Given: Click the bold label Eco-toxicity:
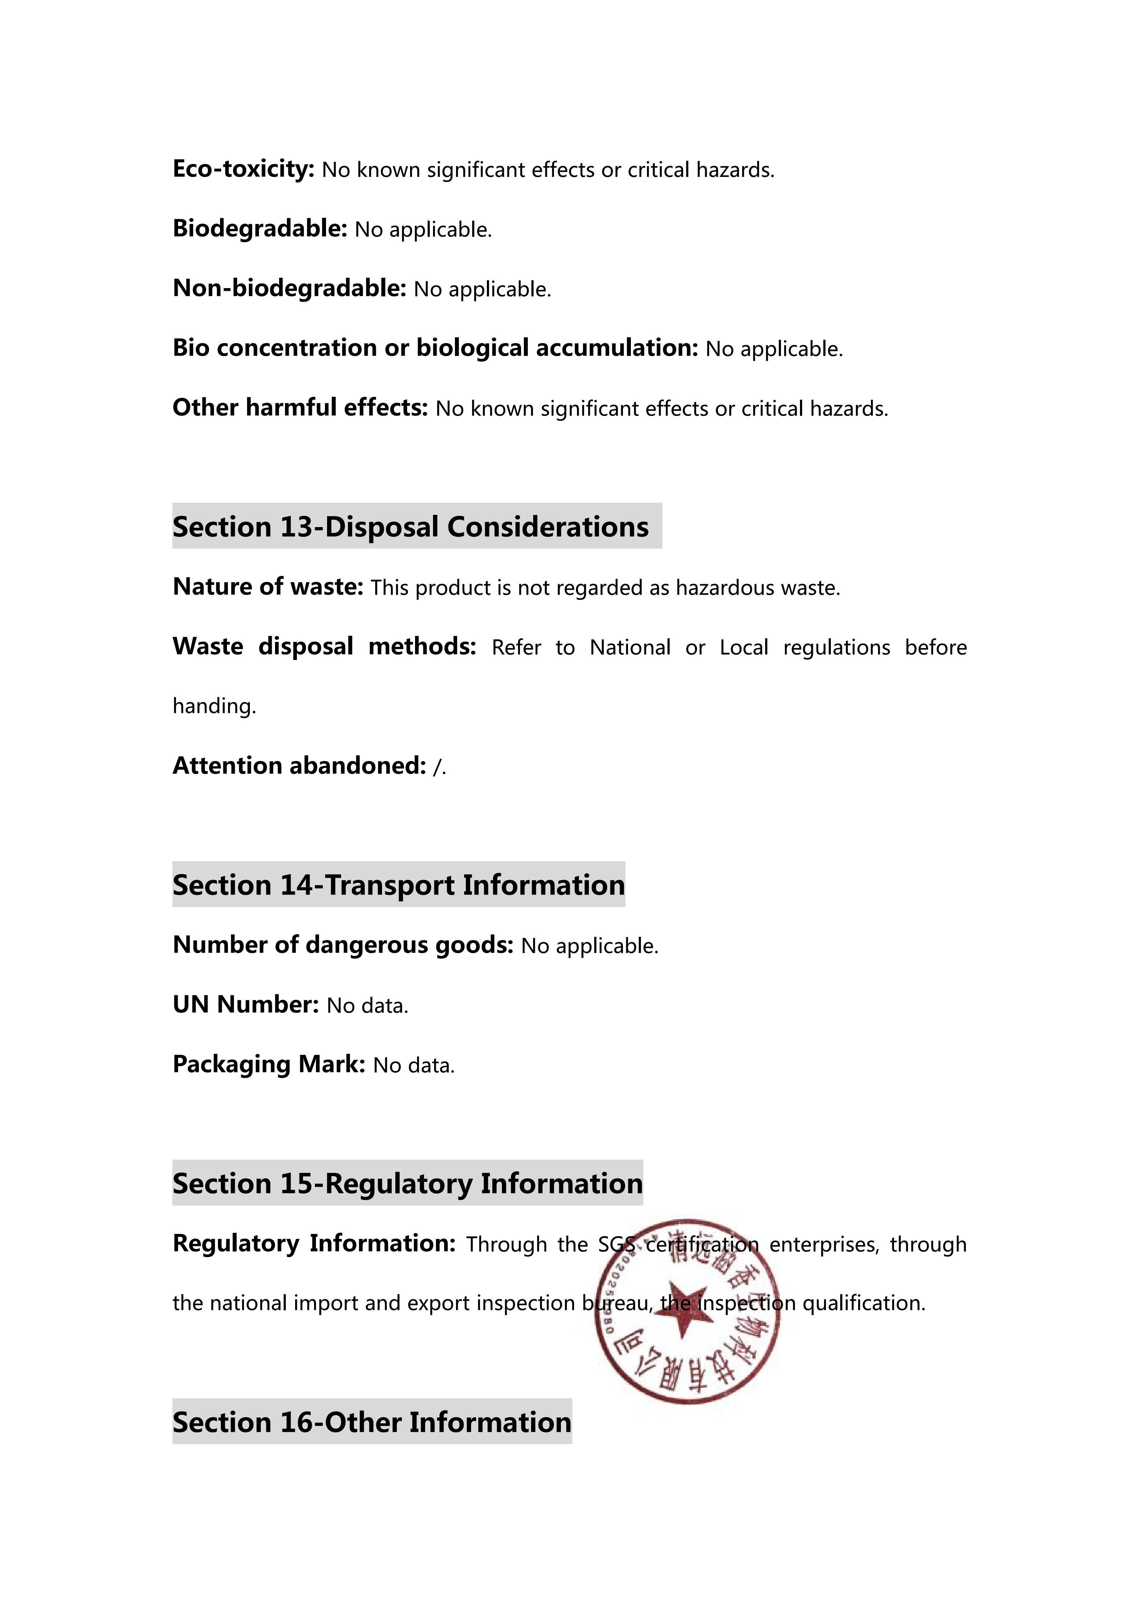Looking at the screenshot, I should point(243,169).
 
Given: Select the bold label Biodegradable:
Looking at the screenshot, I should point(260,229).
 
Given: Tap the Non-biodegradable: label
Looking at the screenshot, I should point(289,288).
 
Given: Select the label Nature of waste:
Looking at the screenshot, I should point(267,587).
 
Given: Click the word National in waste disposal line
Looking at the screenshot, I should point(630,647).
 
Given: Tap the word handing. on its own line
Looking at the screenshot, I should point(214,706).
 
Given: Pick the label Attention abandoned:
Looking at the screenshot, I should point(299,766).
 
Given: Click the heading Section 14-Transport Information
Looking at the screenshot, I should point(398,885).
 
